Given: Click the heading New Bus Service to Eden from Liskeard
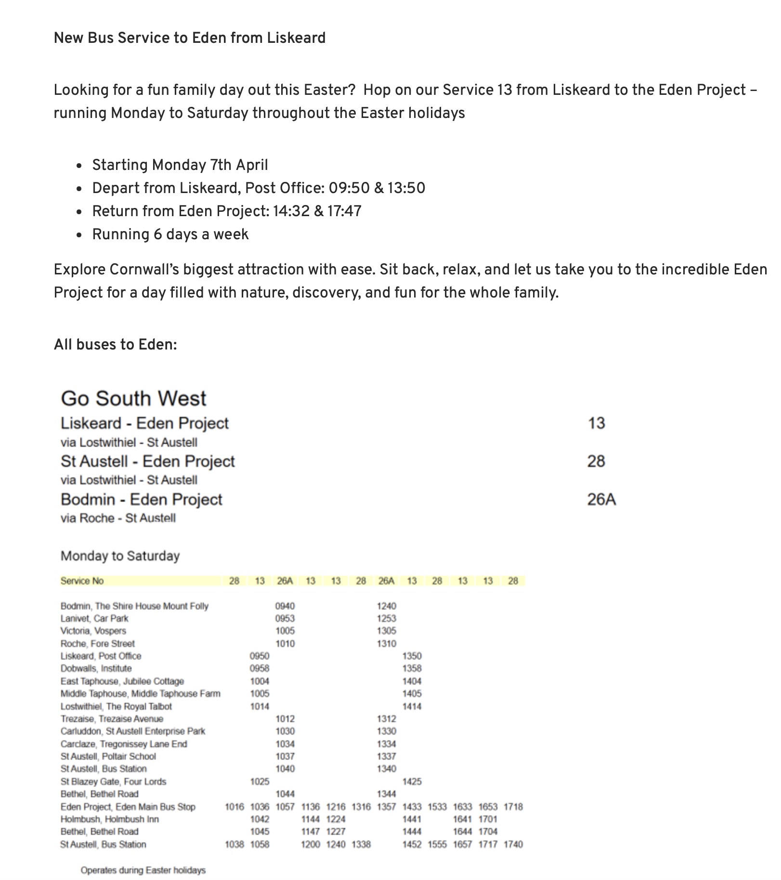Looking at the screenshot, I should [x=190, y=38].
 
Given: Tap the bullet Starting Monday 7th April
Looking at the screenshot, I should [x=180, y=165].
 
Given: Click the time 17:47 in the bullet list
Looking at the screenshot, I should [x=344, y=211].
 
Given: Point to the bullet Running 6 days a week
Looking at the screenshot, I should [x=170, y=234].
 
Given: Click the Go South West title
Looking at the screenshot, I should [x=133, y=399].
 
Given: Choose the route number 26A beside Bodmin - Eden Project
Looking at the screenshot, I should [x=601, y=500].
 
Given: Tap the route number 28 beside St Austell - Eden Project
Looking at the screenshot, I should [x=596, y=461].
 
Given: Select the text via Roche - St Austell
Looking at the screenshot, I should [x=118, y=518].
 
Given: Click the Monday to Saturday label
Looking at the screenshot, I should [x=120, y=556].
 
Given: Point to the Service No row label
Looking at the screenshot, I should [x=82, y=581].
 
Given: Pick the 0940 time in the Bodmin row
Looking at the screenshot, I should [x=285, y=606].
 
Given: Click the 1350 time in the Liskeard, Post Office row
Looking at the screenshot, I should [x=412, y=656].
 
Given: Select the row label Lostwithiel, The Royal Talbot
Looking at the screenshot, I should [x=116, y=706].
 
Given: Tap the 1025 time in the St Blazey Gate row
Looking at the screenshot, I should [x=260, y=781].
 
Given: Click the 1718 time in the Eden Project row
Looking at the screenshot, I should [x=513, y=807].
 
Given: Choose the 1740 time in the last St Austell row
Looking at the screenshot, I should [x=513, y=844].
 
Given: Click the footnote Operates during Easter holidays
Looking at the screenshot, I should [x=143, y=870].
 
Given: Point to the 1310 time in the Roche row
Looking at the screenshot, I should [x=386, y=644].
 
